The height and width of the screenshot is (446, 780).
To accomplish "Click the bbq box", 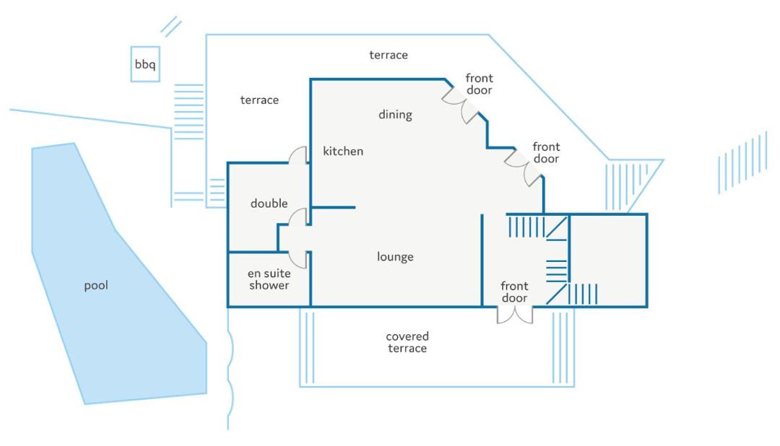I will tap(145, 64).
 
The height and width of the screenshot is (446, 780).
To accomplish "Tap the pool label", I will tap(96, 286).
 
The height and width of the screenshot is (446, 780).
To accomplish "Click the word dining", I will tap(395, 114).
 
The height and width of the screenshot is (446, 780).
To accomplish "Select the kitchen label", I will tap(343, 151).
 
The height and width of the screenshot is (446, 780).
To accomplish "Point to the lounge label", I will tap(395, 257).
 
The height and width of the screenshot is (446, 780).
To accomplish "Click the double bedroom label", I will tap(269, 204).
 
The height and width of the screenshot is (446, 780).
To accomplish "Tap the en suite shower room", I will tap(269, 279).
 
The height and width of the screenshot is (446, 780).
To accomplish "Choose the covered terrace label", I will tap(407, 342).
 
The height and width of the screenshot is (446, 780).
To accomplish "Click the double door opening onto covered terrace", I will tap(515, 315).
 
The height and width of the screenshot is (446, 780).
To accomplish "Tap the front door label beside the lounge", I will tap(514, 292).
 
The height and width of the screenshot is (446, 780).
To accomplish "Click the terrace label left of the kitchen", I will tap(259, 100).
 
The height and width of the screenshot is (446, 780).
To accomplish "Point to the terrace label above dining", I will tap(389, 55).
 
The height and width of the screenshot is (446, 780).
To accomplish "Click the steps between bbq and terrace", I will tap(189, 112).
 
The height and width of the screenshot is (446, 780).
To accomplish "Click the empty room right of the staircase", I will tap(608, 261).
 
